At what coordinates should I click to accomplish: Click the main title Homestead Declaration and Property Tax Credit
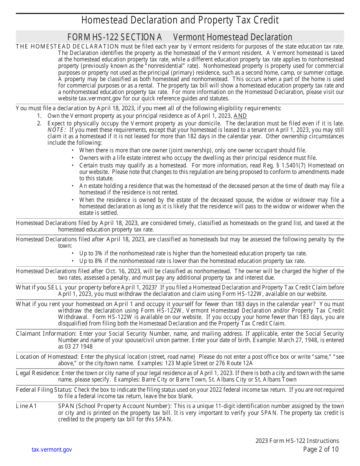click(x=180, y=20)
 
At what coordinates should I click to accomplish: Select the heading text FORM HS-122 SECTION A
click(x=114, y=37)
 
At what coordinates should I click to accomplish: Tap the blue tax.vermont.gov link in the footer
click(x=52, y=450)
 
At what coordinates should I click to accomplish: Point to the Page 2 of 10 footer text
click(x=321, y=449)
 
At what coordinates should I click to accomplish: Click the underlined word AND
click(x=240, y=116)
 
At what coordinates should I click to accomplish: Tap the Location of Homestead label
click(x=47, y=357)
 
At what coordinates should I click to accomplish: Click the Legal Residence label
click(x=38, y=373)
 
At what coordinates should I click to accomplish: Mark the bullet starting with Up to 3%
click(x=193, y=253)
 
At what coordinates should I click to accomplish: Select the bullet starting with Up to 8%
click(x=192, y=261)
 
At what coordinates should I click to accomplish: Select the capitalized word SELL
click(x=56, y=288)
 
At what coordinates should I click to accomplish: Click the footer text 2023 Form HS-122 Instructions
click(x=297, y=441)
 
